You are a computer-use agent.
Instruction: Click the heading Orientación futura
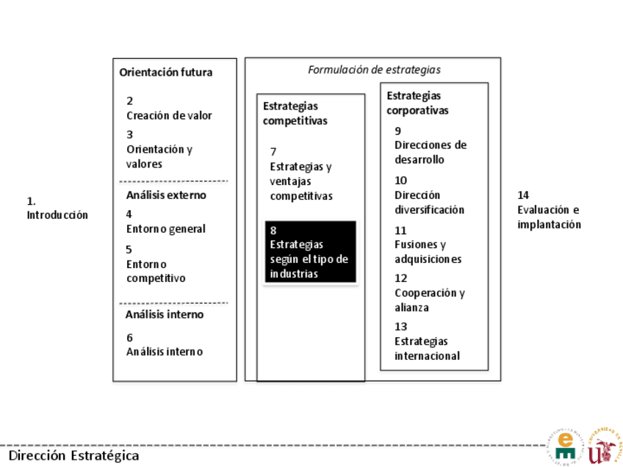pos(166,73)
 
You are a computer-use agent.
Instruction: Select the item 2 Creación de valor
pos(169,108)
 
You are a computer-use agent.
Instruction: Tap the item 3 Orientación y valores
pos(159,149)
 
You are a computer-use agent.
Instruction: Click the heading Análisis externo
pos(166,195)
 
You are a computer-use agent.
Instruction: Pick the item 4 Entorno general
pos(165,222)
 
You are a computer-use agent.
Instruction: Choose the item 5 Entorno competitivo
pos(156,264)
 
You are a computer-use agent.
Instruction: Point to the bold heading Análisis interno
pos(165,314)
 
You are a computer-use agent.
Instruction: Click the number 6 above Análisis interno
pos(130,338)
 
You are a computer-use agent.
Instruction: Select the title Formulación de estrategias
pos(374,70)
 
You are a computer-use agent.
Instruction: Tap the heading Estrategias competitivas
pos(295,113)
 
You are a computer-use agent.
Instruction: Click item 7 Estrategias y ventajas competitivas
pos(301,174)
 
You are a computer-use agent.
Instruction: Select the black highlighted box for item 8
pos(310,252)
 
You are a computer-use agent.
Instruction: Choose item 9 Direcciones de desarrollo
pos(430,145)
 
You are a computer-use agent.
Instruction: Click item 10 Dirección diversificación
pos(429,195)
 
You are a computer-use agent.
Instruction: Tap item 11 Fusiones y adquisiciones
pos(428,245)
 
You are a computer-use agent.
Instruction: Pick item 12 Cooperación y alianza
pos(429,293)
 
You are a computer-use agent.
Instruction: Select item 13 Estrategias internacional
pos(427,341)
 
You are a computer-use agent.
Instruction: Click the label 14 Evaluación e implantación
pos(549,210)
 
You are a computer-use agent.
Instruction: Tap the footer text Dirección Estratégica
pos(73,455)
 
